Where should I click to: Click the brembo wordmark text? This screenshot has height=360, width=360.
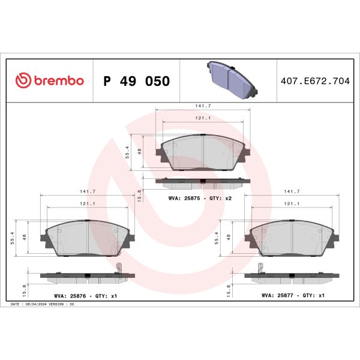point(58,81)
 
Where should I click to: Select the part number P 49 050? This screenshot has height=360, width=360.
point(136,81)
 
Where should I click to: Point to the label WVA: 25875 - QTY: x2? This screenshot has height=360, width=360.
point(200,197)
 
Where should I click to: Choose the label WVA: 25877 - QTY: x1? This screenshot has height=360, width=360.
point(293,296)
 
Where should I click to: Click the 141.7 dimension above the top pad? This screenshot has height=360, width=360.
point(202,106)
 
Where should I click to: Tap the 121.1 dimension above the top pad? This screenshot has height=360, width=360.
point(202,118)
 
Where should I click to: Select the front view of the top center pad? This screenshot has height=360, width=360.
point(203,153)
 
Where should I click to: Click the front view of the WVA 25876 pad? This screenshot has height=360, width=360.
point(88,239)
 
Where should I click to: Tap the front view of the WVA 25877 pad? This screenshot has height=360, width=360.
point(292,239)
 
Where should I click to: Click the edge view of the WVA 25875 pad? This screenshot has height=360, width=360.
point(203,181)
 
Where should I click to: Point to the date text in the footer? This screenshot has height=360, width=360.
point(42,305)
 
